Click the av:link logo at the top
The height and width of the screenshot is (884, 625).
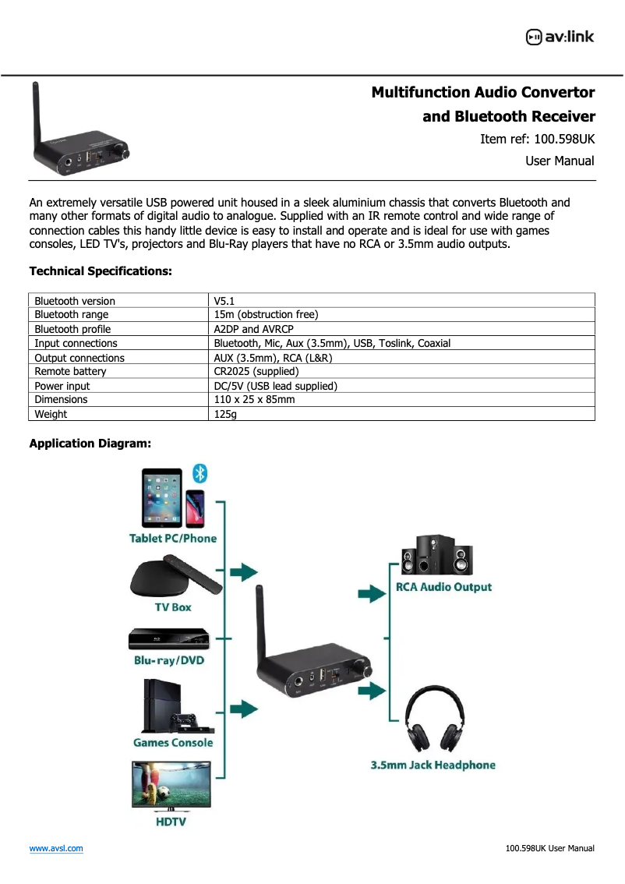560,37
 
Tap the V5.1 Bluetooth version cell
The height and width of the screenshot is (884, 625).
224,301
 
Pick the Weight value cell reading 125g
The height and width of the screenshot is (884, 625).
225,414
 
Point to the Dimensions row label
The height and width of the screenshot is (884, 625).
61,400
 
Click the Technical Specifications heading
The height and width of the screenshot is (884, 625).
100,271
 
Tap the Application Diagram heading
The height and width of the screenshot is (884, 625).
90,444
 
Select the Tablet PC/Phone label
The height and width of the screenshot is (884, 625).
173,539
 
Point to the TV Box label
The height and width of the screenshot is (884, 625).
172,607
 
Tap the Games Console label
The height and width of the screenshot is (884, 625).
173,743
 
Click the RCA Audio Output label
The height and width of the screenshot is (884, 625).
443,587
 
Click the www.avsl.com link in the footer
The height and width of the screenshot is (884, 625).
56,848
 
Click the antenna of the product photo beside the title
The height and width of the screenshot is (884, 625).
36,117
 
